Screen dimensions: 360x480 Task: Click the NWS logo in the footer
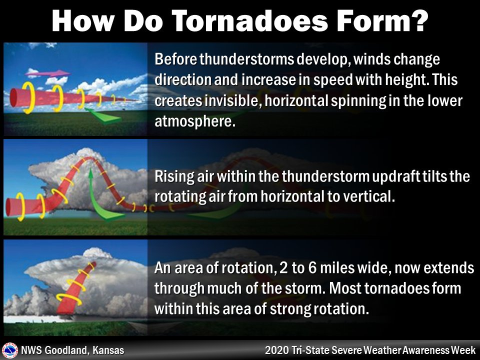[9, 350]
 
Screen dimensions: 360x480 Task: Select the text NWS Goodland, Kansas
[72, 350]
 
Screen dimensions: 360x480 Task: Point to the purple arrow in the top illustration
[47, 73]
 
